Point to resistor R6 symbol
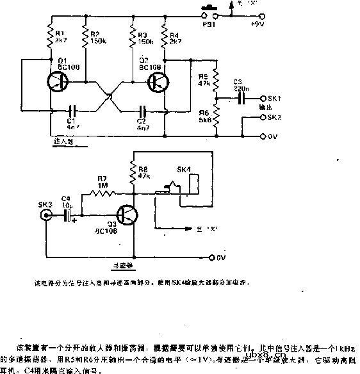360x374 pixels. tap(217, 115)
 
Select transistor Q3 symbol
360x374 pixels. tap(126, 215)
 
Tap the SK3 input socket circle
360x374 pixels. tap(45, 216)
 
